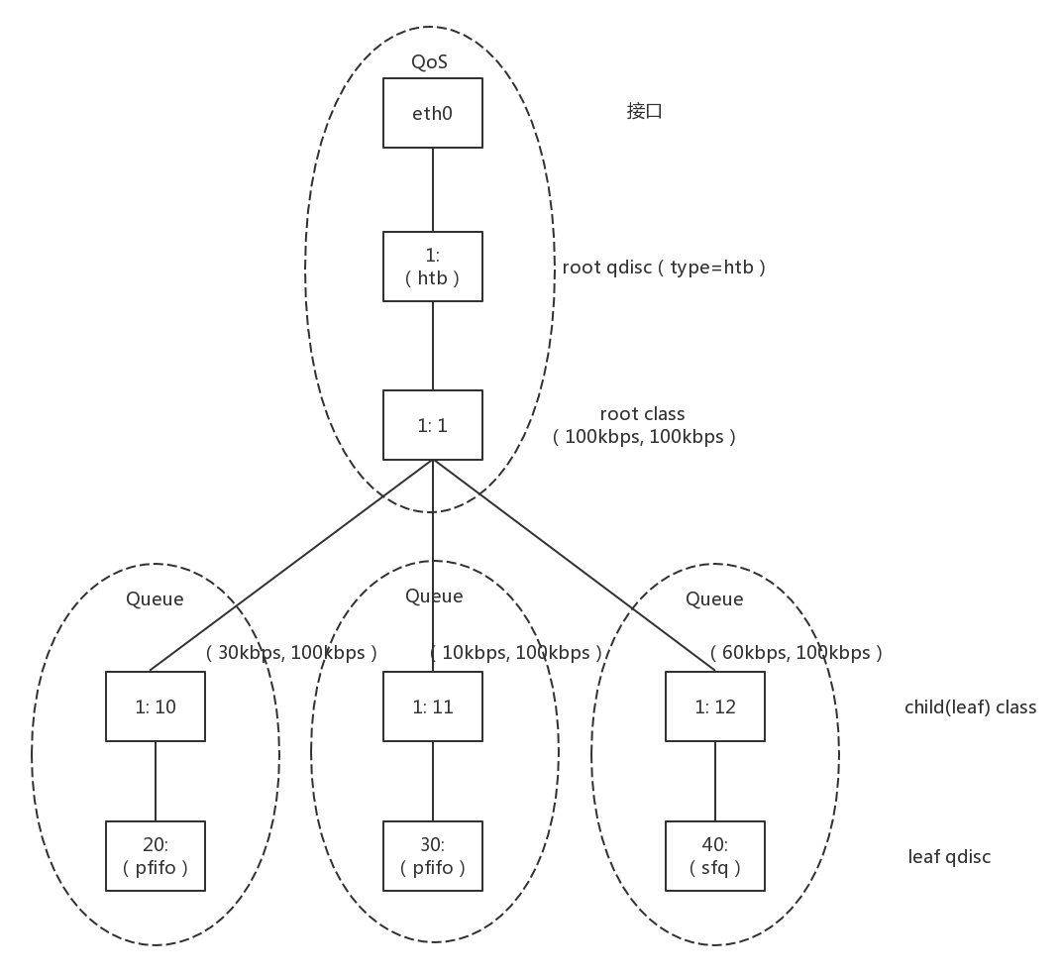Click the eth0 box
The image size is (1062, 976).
click(x=433, y=113)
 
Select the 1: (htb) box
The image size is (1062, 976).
click(x=433, y=267)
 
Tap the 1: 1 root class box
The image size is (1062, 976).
click(x=433, y=425)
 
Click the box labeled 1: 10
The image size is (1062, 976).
click(x=156, y=706)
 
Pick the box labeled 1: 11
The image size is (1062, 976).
click(x=433, y=706)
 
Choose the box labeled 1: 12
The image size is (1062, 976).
click(x=715, y=706)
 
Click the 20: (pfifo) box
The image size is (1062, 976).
click(x=156, y=856)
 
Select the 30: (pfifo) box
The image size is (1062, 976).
click(x=433, y=856)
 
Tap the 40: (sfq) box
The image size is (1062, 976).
click(x=715, y=856)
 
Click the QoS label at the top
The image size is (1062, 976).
click(x=430, y=62)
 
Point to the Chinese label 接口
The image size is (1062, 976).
click(x=644, y=111)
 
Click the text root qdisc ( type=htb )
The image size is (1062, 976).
click(x=664, y=268)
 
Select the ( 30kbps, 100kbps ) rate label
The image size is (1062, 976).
click(x=291, y=653)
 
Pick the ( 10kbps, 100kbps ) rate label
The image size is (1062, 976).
click(x=515, y=653)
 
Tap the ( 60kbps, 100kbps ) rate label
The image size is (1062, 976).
click(x=796, y=653)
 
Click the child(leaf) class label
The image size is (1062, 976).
click(x=970, y=707)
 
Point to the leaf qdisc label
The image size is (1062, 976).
click(x=949, y=857)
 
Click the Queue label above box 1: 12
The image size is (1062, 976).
click(x=714, y=599)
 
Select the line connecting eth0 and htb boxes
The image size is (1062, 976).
click(x=433, y=189)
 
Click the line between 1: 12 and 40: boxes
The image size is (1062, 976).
click(x=715, y=781)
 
